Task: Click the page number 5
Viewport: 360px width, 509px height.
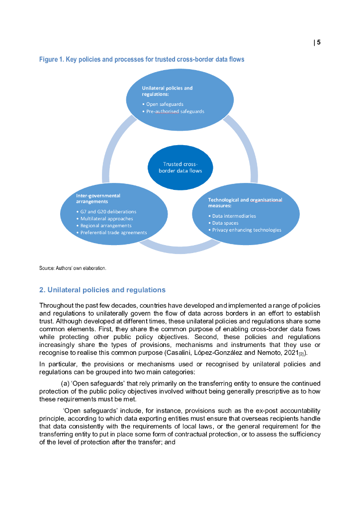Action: (319, 42)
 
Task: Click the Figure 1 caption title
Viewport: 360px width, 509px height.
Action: (142, 59)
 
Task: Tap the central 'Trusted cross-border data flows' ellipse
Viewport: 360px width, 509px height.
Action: (180, 168)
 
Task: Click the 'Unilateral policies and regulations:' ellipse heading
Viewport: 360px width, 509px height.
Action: (167, 90)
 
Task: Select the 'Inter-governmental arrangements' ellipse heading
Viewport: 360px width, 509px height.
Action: (98, 199)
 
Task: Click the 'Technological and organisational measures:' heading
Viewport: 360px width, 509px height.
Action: (245, 202)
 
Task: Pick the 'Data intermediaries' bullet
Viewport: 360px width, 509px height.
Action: (234, 216)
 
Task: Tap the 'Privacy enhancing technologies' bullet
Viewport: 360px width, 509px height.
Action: (246, 230)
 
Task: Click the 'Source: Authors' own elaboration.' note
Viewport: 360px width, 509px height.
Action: (73, 268)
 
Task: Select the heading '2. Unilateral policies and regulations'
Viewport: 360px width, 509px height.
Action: (102, 290)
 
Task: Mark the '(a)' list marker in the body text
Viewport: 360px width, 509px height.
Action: (65, 383)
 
